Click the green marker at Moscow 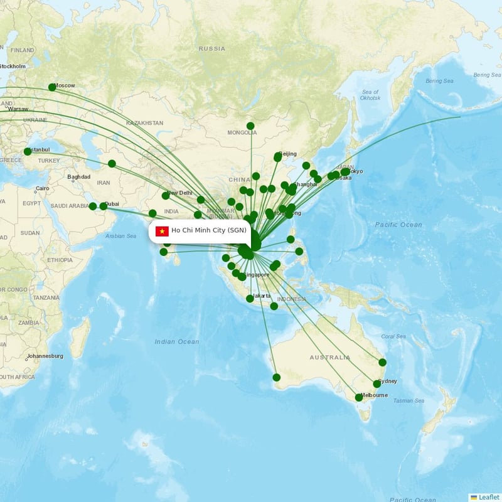[52, 87]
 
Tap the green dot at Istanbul [28, 151]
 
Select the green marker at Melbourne [359, 397]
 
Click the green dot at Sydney [377, 384]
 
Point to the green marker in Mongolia [250, 126]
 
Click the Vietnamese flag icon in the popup [162, 231]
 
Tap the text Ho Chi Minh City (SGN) [209, 231]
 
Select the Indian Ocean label [177, 342]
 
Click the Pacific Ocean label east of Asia [398, 225]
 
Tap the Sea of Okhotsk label [370, 95]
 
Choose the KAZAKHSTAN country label [144, 123]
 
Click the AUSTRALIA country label [330, 358]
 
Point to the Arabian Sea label [120, 237]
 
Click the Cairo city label [42, 189]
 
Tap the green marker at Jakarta [250, 299]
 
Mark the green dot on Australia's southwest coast [277, 377]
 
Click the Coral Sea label [393, 336]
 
